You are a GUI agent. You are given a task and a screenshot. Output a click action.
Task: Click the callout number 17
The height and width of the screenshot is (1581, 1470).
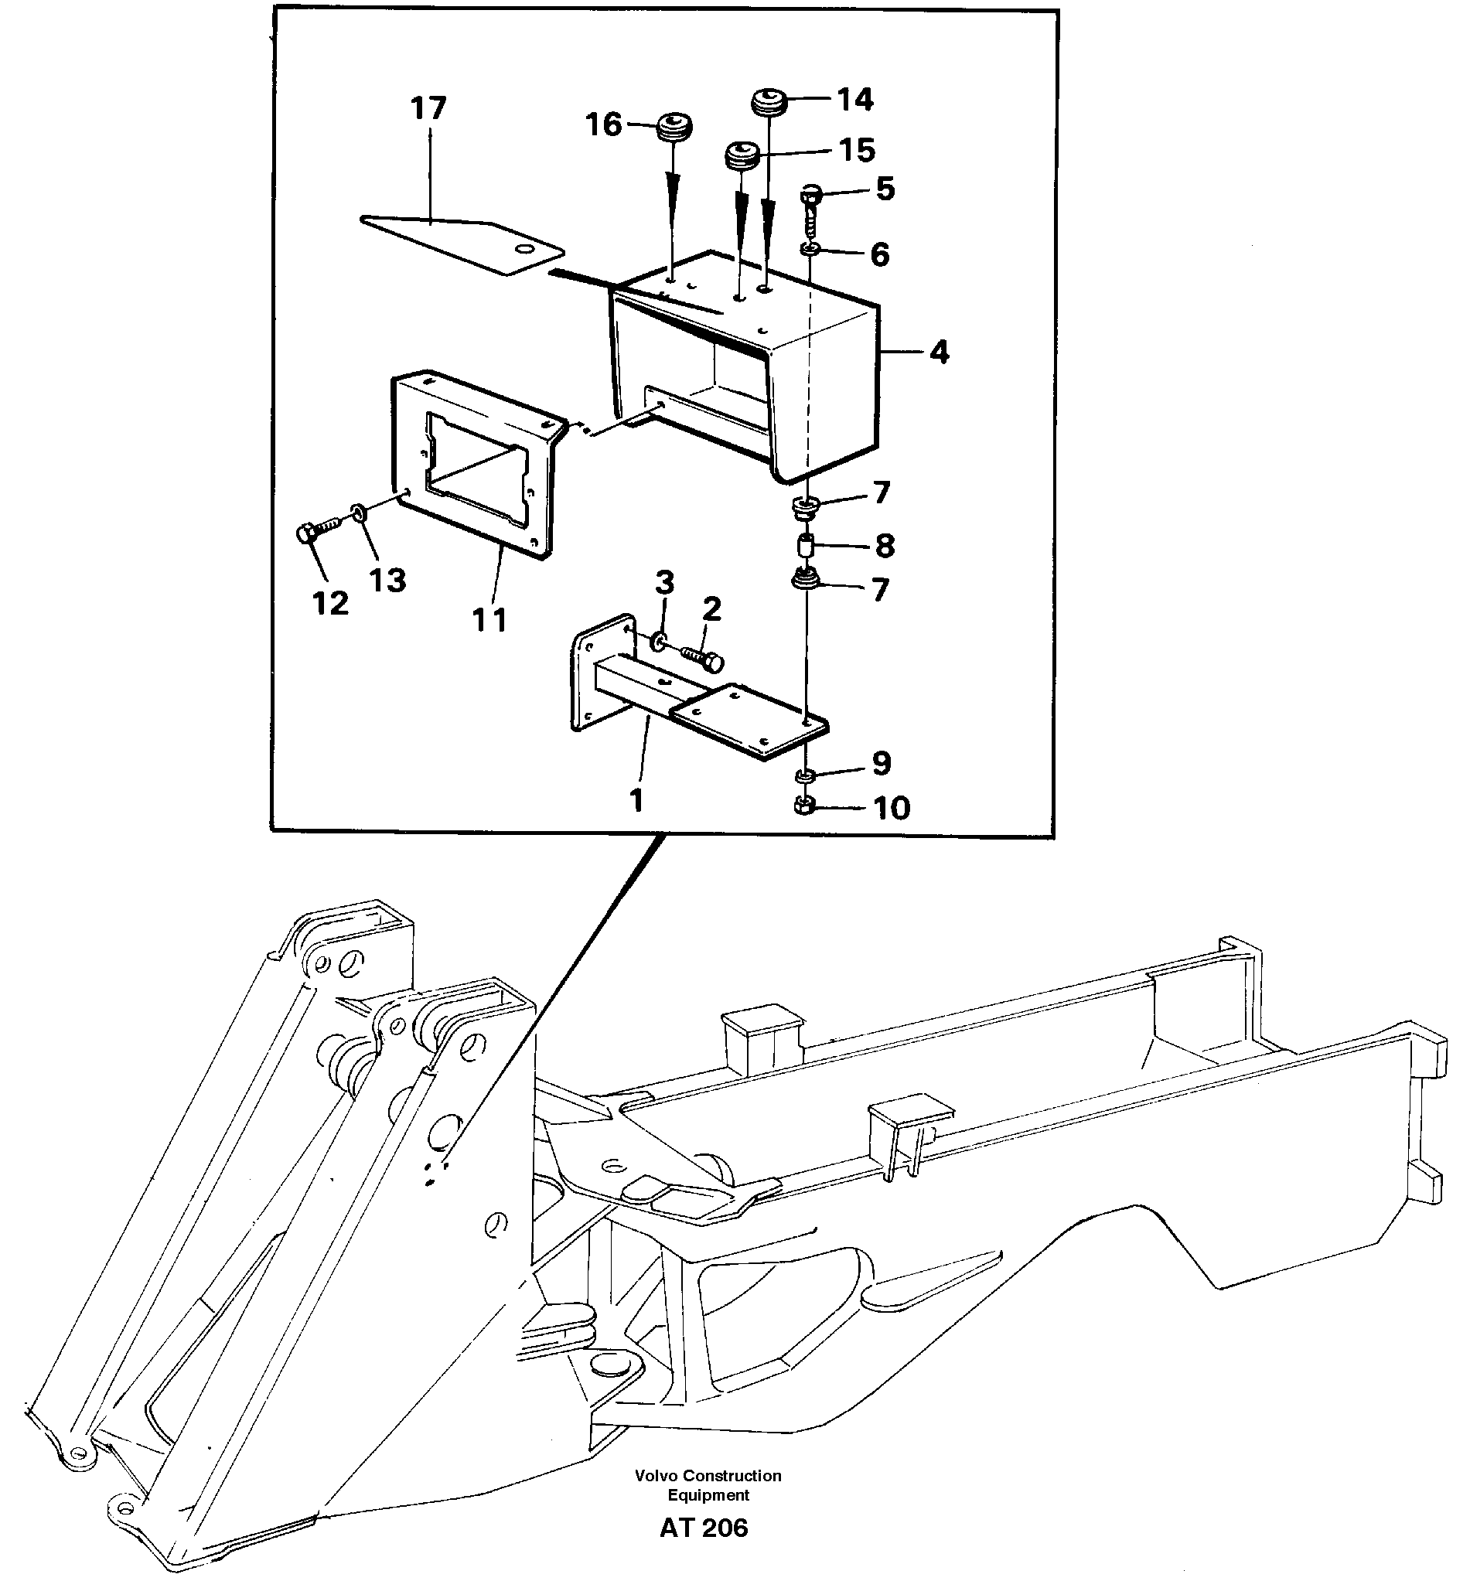pyautogui.click(x=428, y=108)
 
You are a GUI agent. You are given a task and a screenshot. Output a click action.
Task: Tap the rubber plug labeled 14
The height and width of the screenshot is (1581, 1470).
pyautogui.click(x=769, y=102)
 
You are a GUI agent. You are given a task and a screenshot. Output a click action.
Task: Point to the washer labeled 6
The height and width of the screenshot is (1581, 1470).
pyautogui.click(x=809, y=251)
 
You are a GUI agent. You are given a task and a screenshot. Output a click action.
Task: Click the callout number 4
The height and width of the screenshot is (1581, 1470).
pyautogui.click(x=939, y=352)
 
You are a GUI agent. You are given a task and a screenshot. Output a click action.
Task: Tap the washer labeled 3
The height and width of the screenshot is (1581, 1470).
pyautogui.click(x=660, y=640)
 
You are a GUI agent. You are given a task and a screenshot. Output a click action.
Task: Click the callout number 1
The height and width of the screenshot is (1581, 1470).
pyautogui.click(x=636, y=800)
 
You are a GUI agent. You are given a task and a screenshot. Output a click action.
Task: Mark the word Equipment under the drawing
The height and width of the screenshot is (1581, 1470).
pyautogui.click(x=708, y=1495)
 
